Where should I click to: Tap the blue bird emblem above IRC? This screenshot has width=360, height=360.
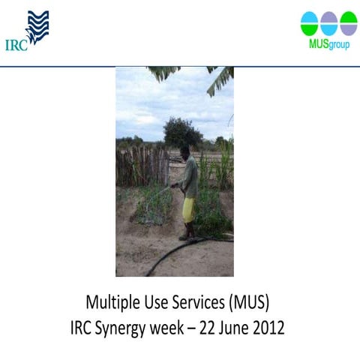click(37, 27)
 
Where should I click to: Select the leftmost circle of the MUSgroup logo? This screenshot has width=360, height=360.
click(309, 22)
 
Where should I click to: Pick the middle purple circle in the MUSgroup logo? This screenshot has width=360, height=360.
click(328, 22)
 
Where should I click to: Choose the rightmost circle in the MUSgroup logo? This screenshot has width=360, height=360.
click(348, 22)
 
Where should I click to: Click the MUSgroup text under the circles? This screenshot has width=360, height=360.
click(328, 43)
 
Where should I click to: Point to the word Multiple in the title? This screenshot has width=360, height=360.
click(110, 304)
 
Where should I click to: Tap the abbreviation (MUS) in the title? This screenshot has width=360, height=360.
click(246, 304)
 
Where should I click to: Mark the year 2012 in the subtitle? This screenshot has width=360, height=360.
click(270, 328)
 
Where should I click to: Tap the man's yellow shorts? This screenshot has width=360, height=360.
click(189, 210)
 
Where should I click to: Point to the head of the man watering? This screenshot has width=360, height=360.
click(184, 152)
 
